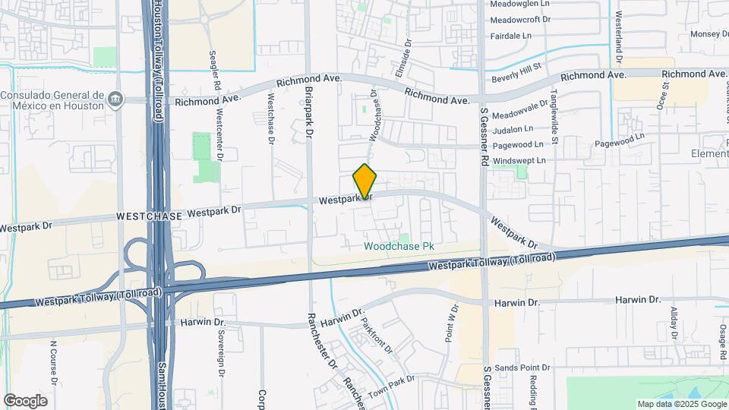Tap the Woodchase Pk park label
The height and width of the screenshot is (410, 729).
[x=399, y=247]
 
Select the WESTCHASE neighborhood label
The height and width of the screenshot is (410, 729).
[x=149, y=216]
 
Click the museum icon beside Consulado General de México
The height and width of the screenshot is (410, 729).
[x=115, y=98]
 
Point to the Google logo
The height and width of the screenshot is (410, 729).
[x=25, y=401]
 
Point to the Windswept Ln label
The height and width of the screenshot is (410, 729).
[x=519, y=160]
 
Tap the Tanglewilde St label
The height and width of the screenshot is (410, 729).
[x=554, y=115]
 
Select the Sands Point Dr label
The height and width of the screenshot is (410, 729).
[x=522, y=367]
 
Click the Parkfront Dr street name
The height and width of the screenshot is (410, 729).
[x=377, y=339]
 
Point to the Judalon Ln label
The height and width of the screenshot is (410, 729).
[x=518, y=129]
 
